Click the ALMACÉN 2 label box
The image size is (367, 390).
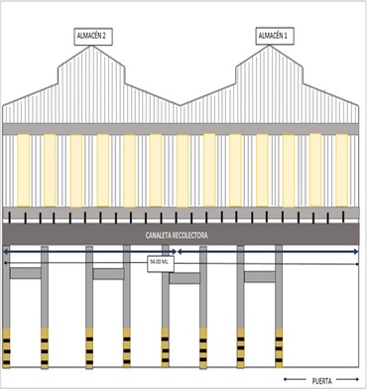93,37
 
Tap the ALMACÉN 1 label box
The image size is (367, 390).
275,36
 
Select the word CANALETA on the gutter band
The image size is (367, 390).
159,235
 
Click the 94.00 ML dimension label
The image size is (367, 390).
161,263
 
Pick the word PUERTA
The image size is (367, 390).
321,381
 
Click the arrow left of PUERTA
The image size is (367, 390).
295,380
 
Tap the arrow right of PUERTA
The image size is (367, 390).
348,379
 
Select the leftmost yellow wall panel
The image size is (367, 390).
24,170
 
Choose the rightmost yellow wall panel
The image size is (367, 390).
342,170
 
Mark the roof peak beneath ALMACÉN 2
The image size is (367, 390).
91,46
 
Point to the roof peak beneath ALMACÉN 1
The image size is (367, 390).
269,46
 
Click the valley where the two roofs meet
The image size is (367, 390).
181,105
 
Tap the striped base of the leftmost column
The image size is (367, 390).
6,348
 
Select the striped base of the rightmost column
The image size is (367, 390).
279,348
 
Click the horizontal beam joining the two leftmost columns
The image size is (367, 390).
26,273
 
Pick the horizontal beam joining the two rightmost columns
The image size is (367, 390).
260,277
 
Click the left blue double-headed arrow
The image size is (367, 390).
90,252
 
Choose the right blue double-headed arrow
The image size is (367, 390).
268,252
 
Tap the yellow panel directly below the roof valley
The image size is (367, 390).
183,170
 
